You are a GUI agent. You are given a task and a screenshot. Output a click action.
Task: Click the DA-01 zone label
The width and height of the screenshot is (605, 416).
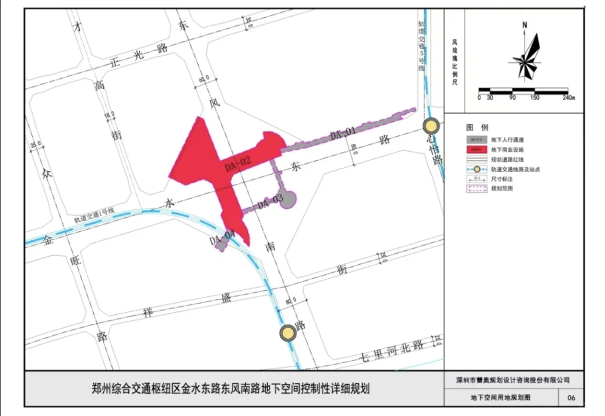(342, 134)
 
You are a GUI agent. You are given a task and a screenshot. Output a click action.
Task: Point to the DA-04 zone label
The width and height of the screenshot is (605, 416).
(223, 238)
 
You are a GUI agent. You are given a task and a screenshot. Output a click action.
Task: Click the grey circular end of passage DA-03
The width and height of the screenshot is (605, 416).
(288, 199)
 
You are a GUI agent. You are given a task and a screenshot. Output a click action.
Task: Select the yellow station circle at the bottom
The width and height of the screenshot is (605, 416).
(288, 333)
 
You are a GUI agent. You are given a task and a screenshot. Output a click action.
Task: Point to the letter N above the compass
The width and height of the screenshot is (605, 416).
(525, 25)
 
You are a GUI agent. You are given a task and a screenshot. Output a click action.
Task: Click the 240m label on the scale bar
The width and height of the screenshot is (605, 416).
(568, 97)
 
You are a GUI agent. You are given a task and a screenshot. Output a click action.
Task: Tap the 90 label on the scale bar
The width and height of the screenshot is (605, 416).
(512, 97)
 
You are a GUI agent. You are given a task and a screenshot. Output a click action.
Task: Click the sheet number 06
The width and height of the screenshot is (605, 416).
(571, 397)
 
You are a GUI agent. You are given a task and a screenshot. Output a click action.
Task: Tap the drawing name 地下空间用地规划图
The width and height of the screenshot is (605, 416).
(501, 397)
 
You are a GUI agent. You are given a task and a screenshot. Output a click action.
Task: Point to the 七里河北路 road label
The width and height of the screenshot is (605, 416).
(392, 351)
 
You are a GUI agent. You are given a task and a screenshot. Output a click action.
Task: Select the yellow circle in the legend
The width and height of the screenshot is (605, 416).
(477, 169)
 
